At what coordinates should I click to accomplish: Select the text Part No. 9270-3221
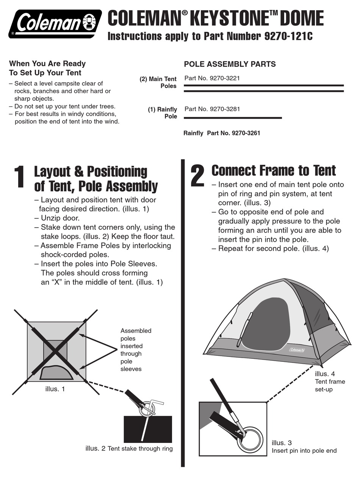212,78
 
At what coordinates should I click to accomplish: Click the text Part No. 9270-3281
212,109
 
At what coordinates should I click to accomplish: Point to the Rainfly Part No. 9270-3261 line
222,133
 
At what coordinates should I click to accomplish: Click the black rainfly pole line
233,118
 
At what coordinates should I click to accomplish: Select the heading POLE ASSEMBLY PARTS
230,64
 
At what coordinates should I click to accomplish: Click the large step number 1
20,177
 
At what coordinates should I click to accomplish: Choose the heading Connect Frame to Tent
273,170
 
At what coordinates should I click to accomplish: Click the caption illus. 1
55,389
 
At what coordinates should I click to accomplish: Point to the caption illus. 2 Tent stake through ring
129,449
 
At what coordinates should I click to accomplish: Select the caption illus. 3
282,443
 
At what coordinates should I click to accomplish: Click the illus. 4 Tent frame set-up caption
330,382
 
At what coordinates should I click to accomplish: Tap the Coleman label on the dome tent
297,350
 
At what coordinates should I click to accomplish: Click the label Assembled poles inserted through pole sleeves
135,350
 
